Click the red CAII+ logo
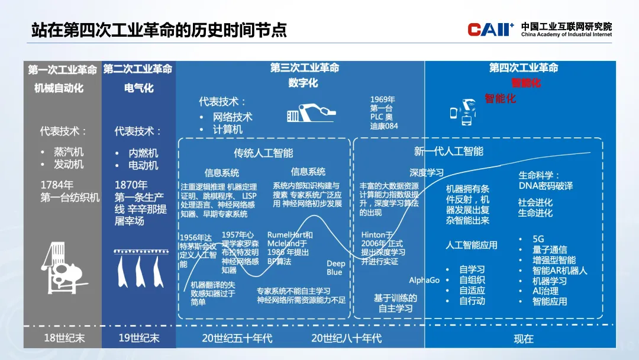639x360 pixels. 490,30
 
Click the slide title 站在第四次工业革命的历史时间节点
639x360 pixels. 159,29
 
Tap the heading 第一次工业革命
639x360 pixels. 62,70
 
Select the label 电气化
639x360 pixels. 138,88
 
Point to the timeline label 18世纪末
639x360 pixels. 62,338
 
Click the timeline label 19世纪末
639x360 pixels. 138,338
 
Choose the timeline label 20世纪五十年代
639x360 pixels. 237,338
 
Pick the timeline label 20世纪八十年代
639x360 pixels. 346,338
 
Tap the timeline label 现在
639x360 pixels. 524,339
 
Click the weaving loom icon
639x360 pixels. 62,270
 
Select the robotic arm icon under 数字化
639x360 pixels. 311,113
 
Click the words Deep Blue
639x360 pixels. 335,268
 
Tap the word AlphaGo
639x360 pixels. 424,280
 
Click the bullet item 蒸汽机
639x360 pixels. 69,152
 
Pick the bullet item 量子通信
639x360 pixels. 550,249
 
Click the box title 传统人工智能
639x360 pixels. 263,153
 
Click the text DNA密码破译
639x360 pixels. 546,186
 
